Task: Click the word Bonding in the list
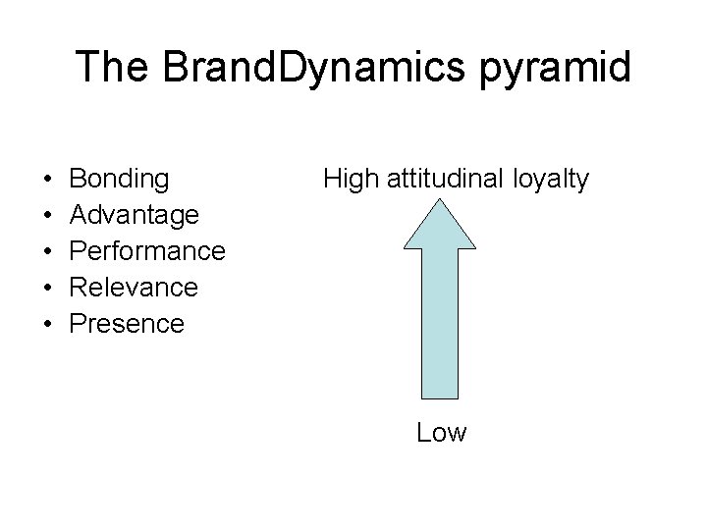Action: tap(120, 179)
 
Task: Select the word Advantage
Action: tap(136, 214)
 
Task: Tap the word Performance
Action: tap(148, 250)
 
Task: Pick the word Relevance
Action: tap(135, 287)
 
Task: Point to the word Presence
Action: tap(128, 323)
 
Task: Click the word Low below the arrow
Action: tap(442, 432)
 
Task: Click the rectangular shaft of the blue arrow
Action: tap(442, 324)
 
